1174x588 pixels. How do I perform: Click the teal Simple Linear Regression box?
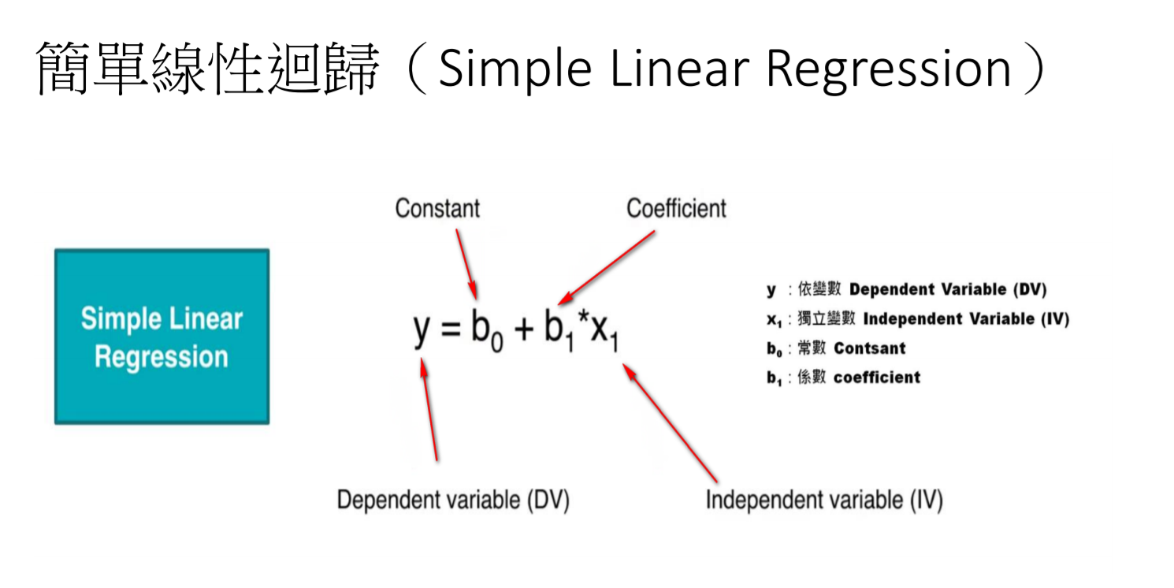pos(162,337)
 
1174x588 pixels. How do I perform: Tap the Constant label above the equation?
pos(437,208)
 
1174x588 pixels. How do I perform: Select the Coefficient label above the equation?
pos(676,208)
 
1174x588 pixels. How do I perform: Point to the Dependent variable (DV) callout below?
pos(453,500)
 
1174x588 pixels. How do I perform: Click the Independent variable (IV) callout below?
pos(823,500)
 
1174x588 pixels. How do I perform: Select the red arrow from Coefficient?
pos(606,267)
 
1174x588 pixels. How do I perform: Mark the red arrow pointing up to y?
pos(429,409)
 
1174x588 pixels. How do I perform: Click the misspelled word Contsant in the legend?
pos(870,348)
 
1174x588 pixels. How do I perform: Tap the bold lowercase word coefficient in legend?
pos(877,378)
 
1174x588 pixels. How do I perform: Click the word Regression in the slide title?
pos(888,69)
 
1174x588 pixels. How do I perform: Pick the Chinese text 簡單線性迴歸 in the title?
pos(208,69)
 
